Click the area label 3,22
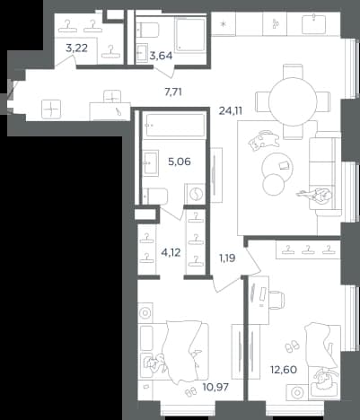point(76,48)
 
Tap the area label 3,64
point(161,56)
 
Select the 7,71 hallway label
point(173,92)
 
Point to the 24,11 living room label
point(231,111)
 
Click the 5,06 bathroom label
point(180,162)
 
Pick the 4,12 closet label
point(171,253)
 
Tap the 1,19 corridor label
point(227,258)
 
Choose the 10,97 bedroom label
point(215,388)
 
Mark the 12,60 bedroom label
point(284,370)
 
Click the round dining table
point(293,101)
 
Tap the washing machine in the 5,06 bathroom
point(196,194)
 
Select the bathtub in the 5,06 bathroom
point(173,126)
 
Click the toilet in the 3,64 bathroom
point(148,30)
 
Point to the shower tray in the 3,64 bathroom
point(190,34)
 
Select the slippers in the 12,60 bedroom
point(292,346)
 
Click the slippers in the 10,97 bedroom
point(190,391)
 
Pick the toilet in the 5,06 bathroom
point(154,197)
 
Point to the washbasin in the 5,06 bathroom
point(151,162)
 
